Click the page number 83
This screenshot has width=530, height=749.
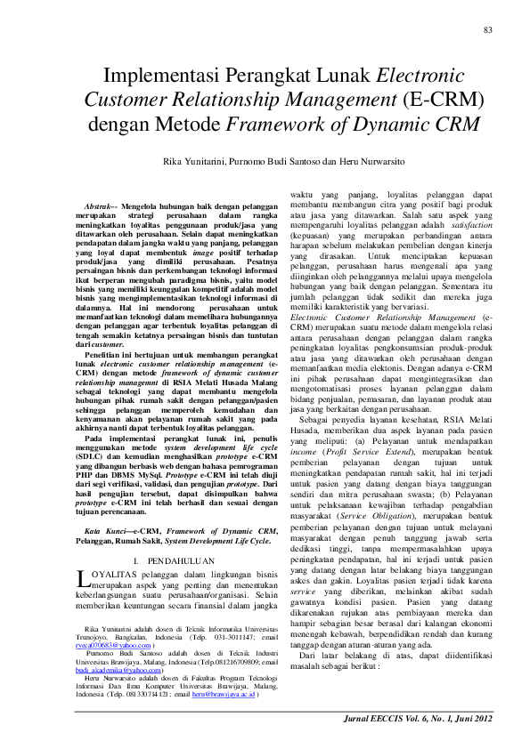coord(487,30)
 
